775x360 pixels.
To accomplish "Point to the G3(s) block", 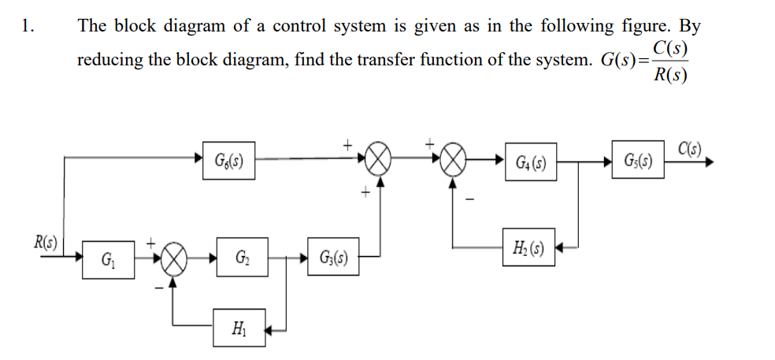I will (x=335, y=258).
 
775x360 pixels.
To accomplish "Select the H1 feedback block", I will (x=239, y=327).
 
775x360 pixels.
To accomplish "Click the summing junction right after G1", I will (x=176, y=258).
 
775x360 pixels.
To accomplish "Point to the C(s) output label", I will (x=695, y=147).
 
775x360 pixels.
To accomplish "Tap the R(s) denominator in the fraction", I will (x=670, y=76).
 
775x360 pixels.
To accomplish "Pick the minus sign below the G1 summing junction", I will (x=160, y=288).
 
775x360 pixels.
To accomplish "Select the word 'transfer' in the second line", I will (x=387, y=61).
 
